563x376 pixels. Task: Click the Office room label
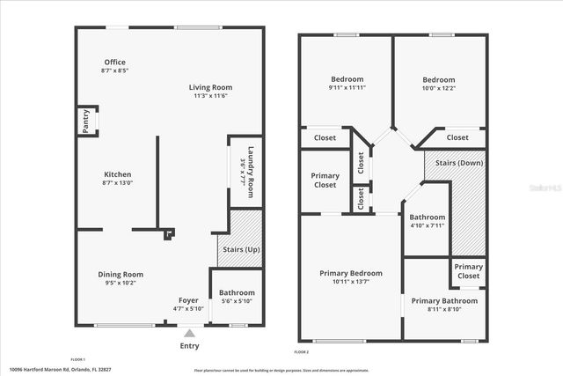[x=113, y=62]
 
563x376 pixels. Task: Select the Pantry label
[x=86, y=122]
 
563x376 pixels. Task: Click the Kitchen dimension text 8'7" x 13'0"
[x=117, y=183]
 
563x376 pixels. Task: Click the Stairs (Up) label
[x=240, y=251]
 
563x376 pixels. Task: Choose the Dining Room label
[x=120, y=274]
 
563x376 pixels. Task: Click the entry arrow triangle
[x=189, y=334]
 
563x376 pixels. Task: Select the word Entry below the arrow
[x=189, y=346]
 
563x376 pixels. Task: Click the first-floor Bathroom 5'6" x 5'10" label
[x=237, y=292]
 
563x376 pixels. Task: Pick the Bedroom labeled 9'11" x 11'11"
[x=347, y=79]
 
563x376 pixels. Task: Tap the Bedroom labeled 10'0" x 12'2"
[x=437, y=79]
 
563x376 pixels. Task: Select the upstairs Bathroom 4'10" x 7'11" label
[x=427, y=217]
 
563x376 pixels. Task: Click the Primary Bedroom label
[x=350, y=273]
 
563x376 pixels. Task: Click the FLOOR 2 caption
[x=302, y=351]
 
